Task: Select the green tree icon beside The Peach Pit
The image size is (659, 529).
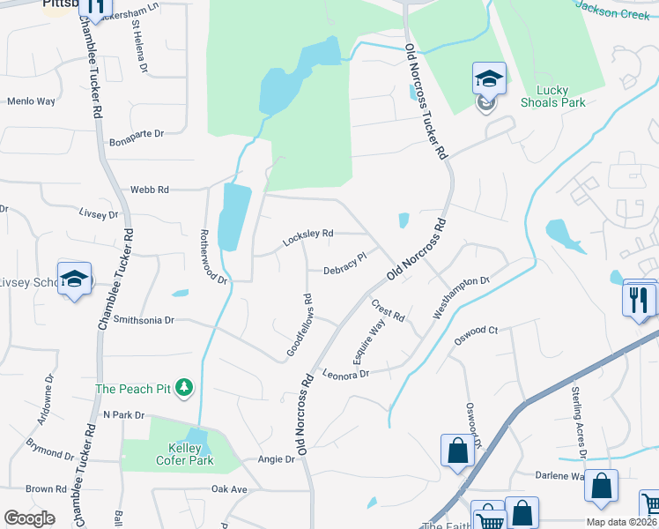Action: tap(184, 387)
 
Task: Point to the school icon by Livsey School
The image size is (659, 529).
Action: tap(75, 279)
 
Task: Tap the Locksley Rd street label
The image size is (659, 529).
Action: tap(307, 237)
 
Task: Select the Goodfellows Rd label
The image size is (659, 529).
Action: tap(297, 325)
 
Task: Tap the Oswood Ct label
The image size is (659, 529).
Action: tap(477, 332)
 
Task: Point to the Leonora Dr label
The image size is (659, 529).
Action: tap(344, 374)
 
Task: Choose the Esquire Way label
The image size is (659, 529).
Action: tap(369, 342)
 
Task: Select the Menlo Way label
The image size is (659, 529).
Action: tap(32, 101)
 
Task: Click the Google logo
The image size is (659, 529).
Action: tap(29, 518)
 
